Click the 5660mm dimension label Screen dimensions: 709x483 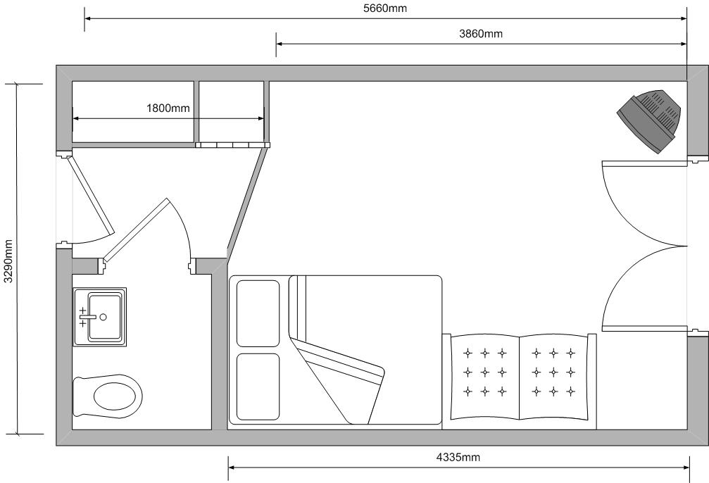coord(385,8)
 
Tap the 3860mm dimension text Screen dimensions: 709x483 coord(481,34)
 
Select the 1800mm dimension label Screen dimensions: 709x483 coord(168,108)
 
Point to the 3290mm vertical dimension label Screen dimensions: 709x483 coord(8,261)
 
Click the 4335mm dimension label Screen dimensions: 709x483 coord(458,458)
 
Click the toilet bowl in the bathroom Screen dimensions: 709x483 coord(108,396)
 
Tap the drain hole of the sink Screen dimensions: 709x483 coord(103,317)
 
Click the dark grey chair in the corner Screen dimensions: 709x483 coord(649,120)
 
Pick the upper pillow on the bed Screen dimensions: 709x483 coord(258,313)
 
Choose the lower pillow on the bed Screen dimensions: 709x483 coord(258,387)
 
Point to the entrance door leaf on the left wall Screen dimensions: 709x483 coord(90,195)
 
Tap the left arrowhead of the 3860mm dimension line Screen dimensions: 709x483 coord(280,44)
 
